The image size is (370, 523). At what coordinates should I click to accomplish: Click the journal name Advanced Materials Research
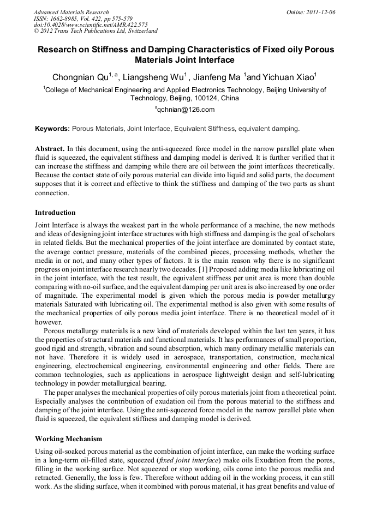(x=71, y=12)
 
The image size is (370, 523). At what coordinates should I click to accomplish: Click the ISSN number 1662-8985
(x=66, y=19)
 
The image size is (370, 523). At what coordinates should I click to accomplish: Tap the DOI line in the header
(x=91, y=25)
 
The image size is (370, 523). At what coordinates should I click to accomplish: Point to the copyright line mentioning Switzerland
(x=96, y=31)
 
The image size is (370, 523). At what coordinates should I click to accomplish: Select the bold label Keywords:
(x=52, y=129)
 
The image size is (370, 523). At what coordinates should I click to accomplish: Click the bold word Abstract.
(x=50, y=149)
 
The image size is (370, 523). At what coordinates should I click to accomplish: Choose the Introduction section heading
(x=55, y=212)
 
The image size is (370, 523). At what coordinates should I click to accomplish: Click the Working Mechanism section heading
(x=68, y=438)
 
